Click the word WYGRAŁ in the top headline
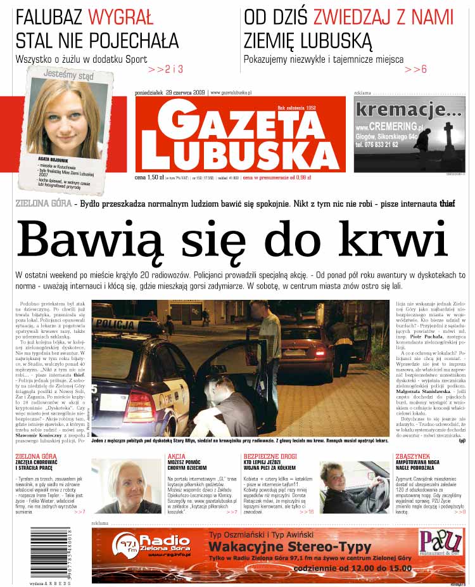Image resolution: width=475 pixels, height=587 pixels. coord(120,16)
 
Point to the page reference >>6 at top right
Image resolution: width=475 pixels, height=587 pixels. coord(415,68)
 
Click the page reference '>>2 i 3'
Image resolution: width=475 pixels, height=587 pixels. coord(165,68)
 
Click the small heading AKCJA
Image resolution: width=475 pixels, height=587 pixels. coord(176,456)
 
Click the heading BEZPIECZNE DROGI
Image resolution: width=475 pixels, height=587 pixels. coord(271,456)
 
